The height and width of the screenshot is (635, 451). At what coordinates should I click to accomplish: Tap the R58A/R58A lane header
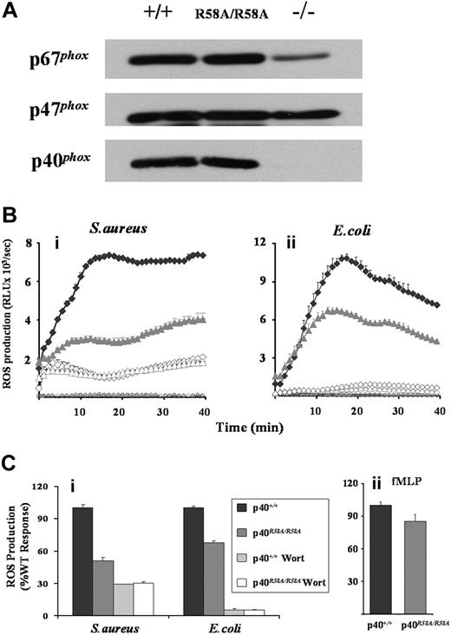coord(228,16)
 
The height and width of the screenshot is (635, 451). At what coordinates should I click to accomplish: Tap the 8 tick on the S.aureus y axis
coord(28,245)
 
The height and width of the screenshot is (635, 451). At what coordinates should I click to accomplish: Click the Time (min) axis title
coord(233,427)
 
